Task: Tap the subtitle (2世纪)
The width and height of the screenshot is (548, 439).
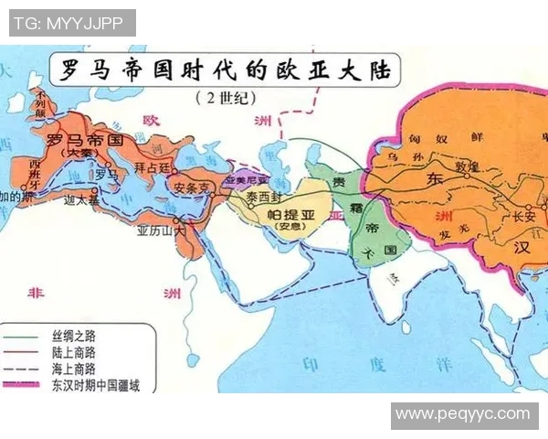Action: click(223, 97)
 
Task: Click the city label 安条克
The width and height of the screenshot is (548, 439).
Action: click(193, 187)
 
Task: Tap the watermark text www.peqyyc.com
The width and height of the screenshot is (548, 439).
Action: click(464, 415)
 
